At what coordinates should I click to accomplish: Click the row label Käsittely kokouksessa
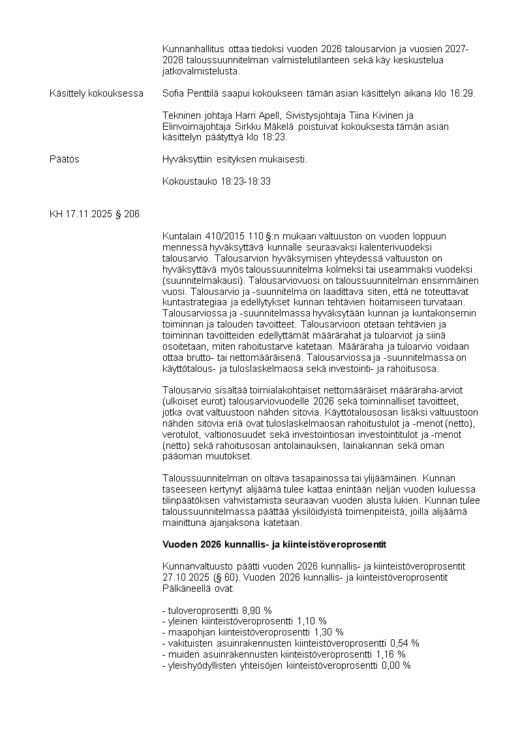coord(97,93)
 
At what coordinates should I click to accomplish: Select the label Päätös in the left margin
coord(65,159)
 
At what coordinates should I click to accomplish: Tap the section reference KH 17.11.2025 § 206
coord(94,214)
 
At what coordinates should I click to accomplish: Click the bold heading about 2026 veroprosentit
coord(275,543)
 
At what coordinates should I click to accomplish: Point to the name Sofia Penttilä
coord(190,93)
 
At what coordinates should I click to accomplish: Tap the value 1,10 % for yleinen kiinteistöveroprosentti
coord(312,621)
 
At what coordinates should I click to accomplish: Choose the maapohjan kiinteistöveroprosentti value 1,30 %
coord(329,632)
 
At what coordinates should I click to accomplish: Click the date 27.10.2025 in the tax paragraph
coord(185,577)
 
